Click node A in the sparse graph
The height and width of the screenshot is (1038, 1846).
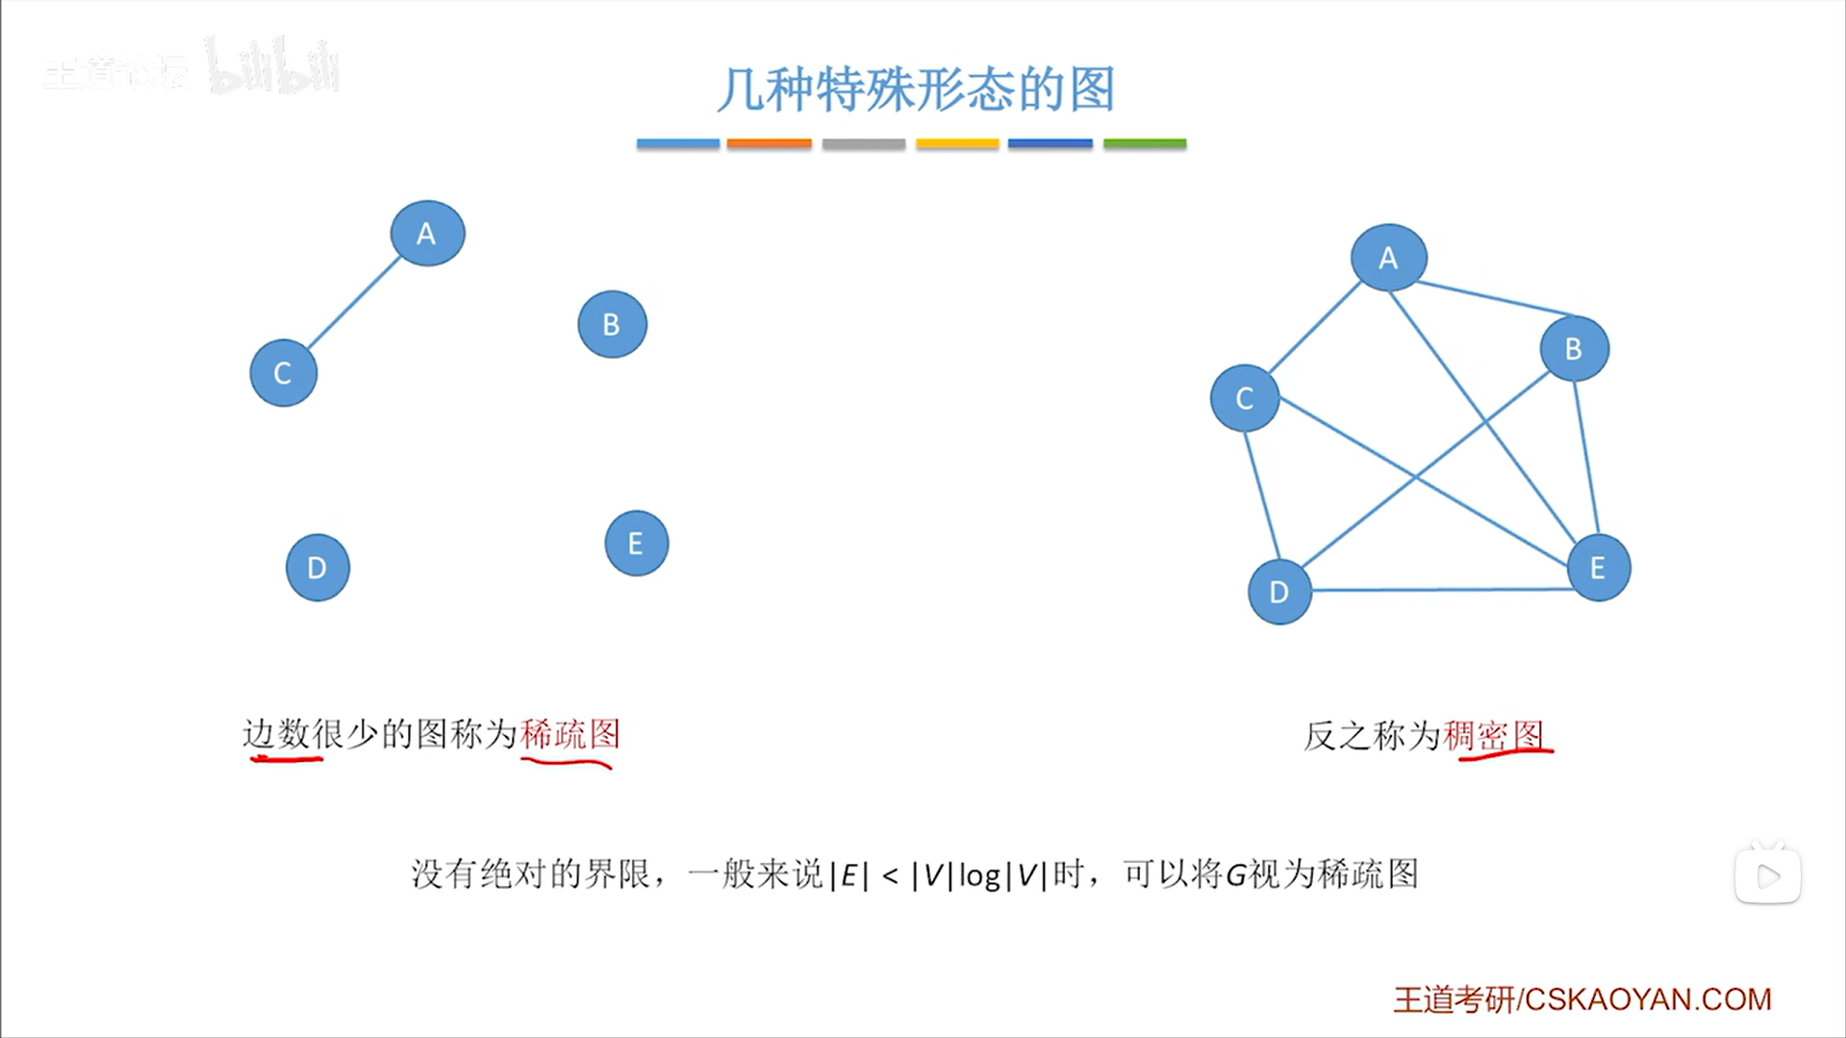427,234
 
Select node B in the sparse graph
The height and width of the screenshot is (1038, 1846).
612,324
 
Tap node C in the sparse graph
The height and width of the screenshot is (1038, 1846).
283,373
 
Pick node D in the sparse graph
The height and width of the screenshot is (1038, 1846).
317,568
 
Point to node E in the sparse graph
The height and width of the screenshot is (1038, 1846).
636,544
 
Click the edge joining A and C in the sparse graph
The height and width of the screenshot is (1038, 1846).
354,303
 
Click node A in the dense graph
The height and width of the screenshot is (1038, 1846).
1388,258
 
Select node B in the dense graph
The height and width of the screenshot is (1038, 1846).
1574,348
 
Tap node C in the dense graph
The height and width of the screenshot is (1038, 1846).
1245,398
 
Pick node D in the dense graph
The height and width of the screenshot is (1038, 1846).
1279,592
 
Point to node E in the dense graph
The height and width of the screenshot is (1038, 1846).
1598,568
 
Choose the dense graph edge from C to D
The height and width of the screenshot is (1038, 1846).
1261,495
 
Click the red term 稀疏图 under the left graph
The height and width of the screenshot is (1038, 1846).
569,735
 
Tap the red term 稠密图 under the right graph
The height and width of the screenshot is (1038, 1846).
1493,736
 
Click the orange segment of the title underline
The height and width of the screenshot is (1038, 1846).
769,143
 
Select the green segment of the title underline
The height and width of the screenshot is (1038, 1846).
1145,143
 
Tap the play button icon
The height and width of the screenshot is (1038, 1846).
1767,875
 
